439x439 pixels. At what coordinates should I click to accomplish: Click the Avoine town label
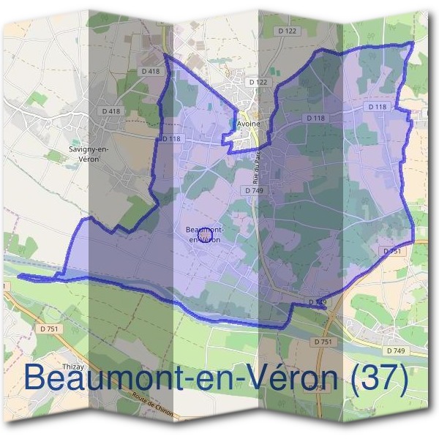click(x=249, y=124)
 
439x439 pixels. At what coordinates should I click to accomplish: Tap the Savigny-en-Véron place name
click(x=89, y=153)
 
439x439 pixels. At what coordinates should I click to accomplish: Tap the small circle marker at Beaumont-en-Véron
click(x=204, y=234)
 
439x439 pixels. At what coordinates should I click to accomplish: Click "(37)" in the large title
click(x=380, y=378)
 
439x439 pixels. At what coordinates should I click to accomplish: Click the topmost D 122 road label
click(x=288, y=31)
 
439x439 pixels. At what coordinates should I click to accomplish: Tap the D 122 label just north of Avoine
click(x=258, y=83)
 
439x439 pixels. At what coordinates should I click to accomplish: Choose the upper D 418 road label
click(x=149, y=71)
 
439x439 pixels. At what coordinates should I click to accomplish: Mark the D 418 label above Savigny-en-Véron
click(x=111, y=111)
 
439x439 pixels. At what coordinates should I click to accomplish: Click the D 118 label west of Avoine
click(x=171, y=138)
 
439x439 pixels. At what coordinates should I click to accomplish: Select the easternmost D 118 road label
click(x=378, y=107)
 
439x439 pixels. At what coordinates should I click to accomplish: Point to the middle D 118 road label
click(x=315, y=118)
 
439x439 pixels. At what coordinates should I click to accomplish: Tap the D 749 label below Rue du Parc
click(x=254, y=190)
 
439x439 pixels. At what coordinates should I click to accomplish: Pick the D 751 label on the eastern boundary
click(x=393, y=251)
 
